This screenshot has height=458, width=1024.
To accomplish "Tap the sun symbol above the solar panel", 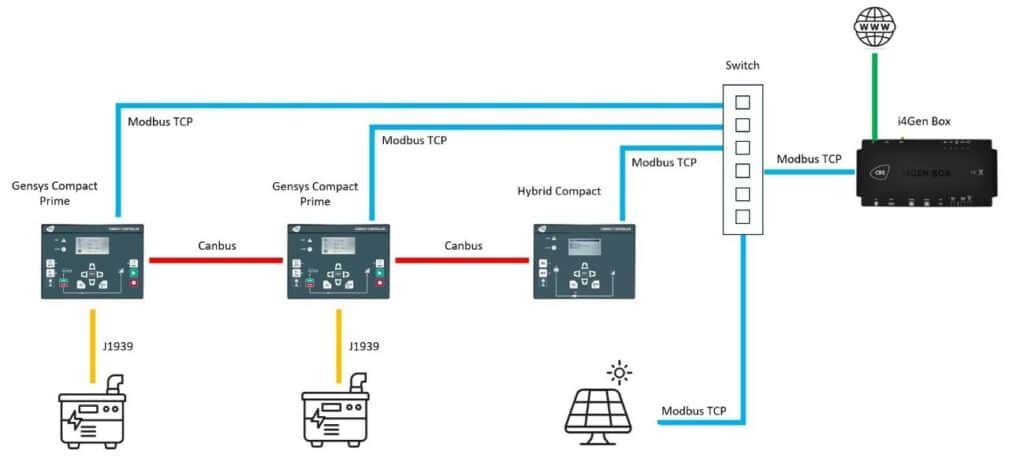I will (x=621, y=375).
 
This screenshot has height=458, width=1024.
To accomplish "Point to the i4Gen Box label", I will (x=923, y=122).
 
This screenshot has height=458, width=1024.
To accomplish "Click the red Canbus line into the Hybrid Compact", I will (x=462, y=261).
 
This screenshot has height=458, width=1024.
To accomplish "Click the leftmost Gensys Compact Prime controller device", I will (x=92, y=261).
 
